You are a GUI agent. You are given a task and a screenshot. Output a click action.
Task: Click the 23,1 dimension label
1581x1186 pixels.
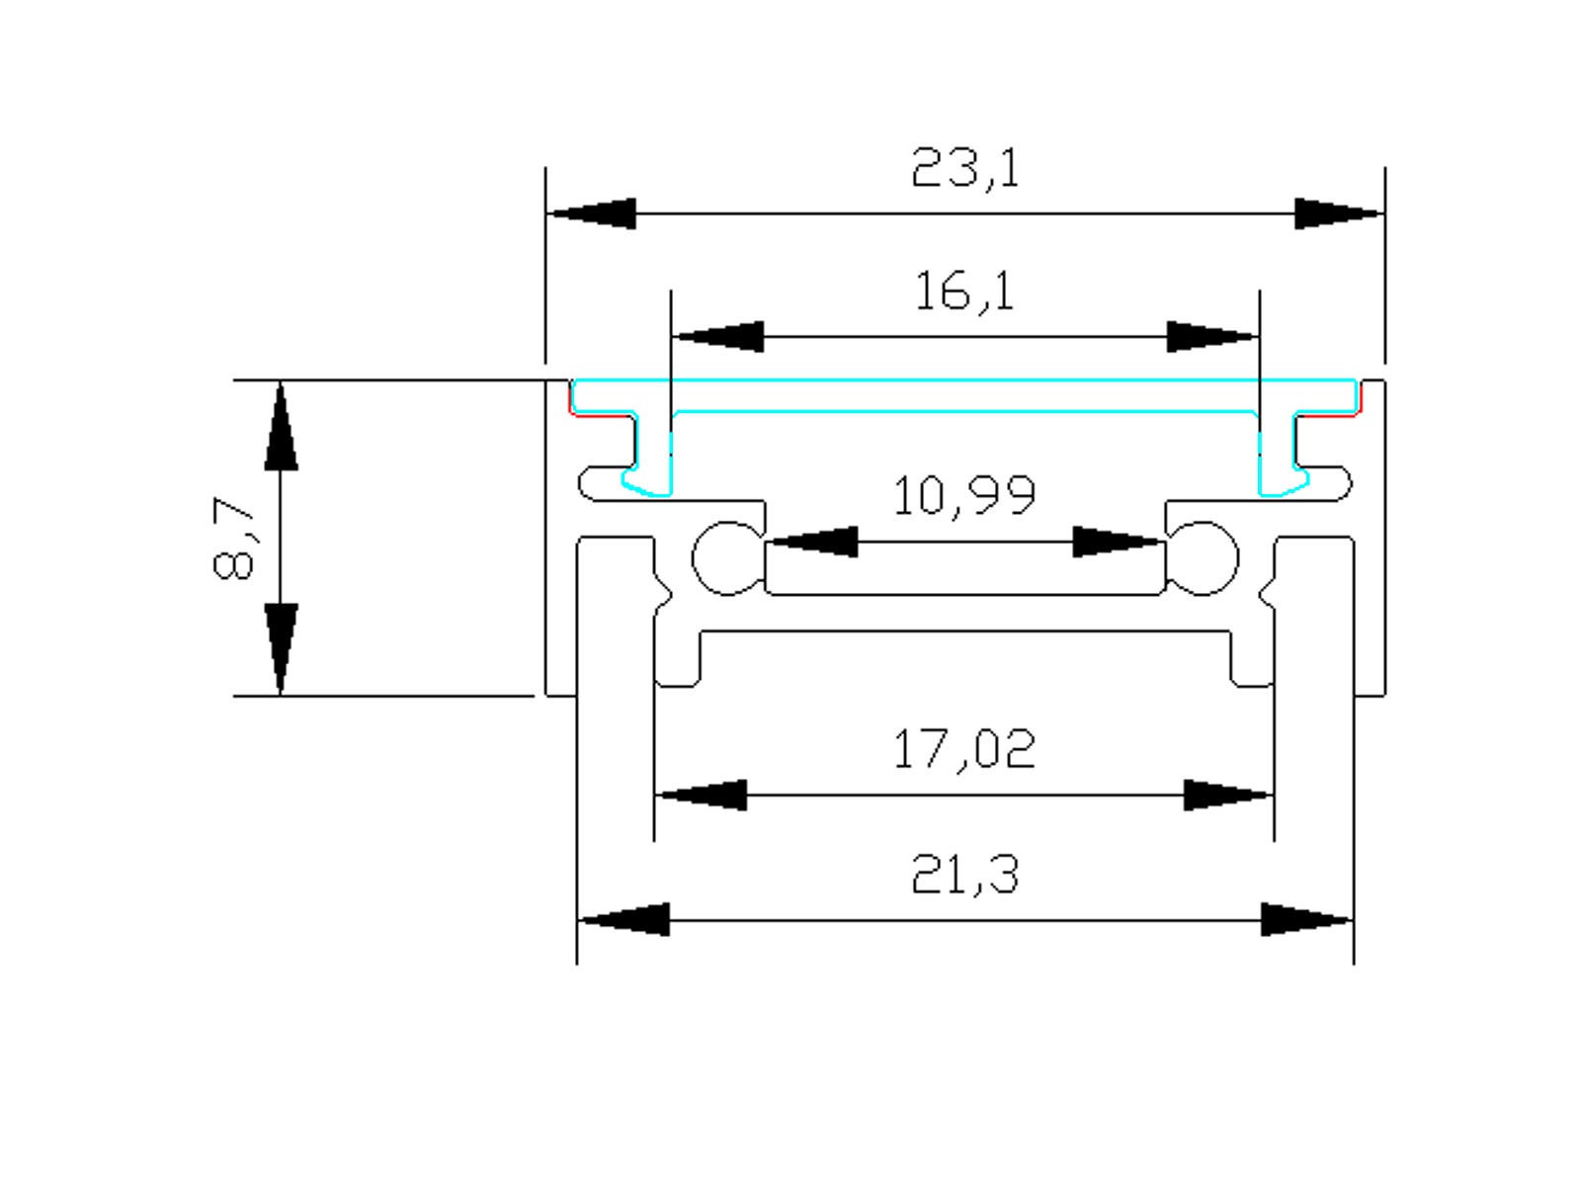965,168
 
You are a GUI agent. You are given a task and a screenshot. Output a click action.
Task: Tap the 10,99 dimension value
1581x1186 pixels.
964,495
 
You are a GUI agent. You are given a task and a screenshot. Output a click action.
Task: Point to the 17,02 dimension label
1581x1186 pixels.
964,748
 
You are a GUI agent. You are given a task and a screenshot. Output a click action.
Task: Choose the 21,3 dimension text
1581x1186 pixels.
965,875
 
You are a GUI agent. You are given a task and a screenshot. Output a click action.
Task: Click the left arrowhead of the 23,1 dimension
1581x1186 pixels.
592,213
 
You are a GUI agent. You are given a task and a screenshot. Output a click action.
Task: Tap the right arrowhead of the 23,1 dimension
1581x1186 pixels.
1338,213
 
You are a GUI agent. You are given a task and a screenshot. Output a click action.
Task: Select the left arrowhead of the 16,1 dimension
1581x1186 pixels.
718,337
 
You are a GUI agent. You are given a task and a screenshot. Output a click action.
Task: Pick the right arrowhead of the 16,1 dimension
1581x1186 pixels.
1211,337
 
